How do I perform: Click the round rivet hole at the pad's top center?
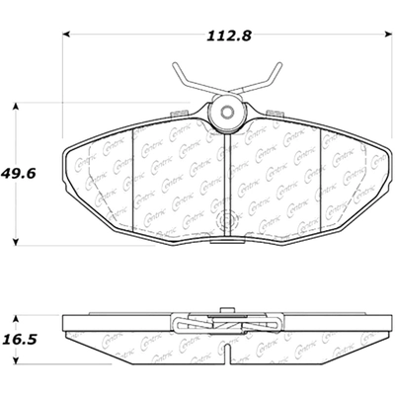[x=227, y=113]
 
